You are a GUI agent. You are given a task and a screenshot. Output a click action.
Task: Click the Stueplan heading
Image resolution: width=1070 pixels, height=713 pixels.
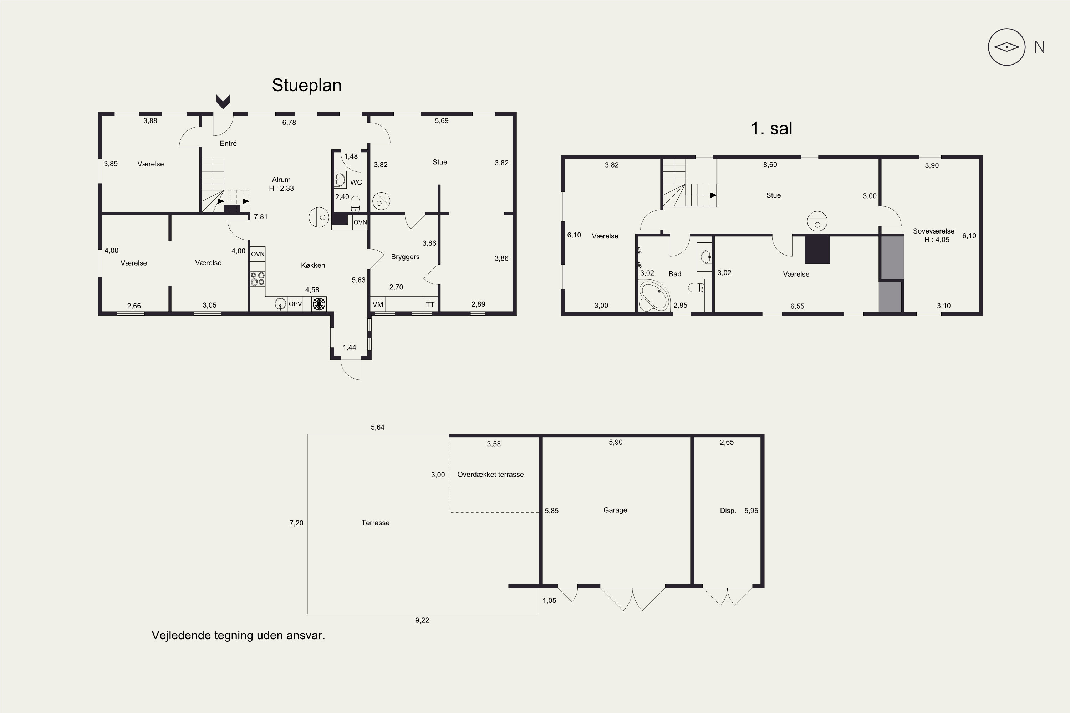pos(307,86)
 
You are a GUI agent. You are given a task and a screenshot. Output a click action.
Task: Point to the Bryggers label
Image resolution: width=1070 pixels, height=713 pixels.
pos(405,257)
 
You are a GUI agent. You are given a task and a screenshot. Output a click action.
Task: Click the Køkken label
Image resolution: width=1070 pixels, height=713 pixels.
pos(313,265)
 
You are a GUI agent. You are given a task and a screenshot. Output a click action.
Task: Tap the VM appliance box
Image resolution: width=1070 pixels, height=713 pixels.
pos(378,304)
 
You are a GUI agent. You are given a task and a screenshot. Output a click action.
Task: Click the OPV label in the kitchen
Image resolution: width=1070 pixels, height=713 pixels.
pos(295,304)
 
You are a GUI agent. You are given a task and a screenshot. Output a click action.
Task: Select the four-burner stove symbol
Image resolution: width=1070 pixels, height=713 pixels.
pos(258,279)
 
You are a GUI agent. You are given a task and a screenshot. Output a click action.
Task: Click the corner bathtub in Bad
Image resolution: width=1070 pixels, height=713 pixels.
pos(654,296)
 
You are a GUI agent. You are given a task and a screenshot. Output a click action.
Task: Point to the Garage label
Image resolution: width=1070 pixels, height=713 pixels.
pos(615,510)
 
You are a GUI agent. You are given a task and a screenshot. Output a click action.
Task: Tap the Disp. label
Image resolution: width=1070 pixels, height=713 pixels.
pos(728,511)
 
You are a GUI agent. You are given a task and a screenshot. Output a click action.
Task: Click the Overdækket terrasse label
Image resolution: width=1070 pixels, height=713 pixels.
pos(490,474)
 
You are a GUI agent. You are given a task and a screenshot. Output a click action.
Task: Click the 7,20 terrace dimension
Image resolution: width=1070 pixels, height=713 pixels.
pos(296,523)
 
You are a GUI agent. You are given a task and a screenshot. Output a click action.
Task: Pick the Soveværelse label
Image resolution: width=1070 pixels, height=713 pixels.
pos(933,231)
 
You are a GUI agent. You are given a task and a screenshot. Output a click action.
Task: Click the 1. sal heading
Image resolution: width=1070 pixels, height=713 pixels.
pos(771,128)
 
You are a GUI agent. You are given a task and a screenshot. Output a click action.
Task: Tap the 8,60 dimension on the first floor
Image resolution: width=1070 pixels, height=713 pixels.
pos(770,165)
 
